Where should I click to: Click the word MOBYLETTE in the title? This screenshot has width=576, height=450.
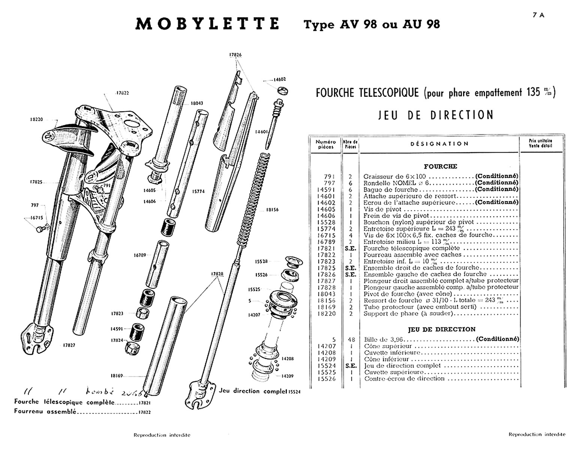click(207, 24)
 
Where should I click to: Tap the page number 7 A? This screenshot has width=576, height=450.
click(538, 15)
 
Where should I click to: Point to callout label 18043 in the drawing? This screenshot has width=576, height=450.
click(197, 103)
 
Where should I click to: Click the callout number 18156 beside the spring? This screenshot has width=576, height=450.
click(272, 210)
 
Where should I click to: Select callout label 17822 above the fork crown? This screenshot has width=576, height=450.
click(122, 93)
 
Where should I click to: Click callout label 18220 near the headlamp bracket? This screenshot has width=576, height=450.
click(36, 119)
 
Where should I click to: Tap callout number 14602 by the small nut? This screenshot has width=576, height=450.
click(279, 79)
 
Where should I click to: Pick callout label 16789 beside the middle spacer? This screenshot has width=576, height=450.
click(139, 255)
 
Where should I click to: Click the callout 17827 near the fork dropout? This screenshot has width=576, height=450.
click(69, 345)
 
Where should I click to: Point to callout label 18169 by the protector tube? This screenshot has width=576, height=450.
click(117, 375)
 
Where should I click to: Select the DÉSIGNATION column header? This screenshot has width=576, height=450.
click(439, 144)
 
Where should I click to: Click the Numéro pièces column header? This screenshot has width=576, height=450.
click(325, 144)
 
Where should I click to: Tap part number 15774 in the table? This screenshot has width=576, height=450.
click(326, 229)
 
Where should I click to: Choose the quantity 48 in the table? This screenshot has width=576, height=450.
click(351, 340)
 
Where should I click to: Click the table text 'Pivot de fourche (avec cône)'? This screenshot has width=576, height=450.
click(408, 294)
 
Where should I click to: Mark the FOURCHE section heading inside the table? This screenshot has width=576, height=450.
click(440, 166)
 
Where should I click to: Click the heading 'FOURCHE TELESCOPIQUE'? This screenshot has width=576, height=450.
click(367, 93)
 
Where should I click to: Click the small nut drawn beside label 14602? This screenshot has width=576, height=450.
click(283, 90)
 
